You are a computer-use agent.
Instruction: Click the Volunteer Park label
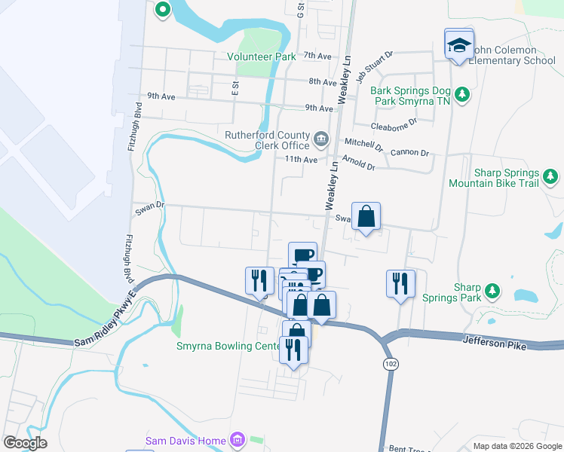262,56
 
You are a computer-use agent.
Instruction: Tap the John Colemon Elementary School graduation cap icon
458,45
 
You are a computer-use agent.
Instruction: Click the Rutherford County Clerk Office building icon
321,138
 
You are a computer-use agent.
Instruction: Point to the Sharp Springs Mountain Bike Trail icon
551,177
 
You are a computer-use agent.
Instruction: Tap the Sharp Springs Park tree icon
492,290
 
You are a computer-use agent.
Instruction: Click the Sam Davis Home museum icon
237,439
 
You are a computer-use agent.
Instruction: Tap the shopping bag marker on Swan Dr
366,217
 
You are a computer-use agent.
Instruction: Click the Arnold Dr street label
358,163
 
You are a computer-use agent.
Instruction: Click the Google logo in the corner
25,442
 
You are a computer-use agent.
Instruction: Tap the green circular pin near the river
162,10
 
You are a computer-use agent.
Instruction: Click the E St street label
236,87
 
